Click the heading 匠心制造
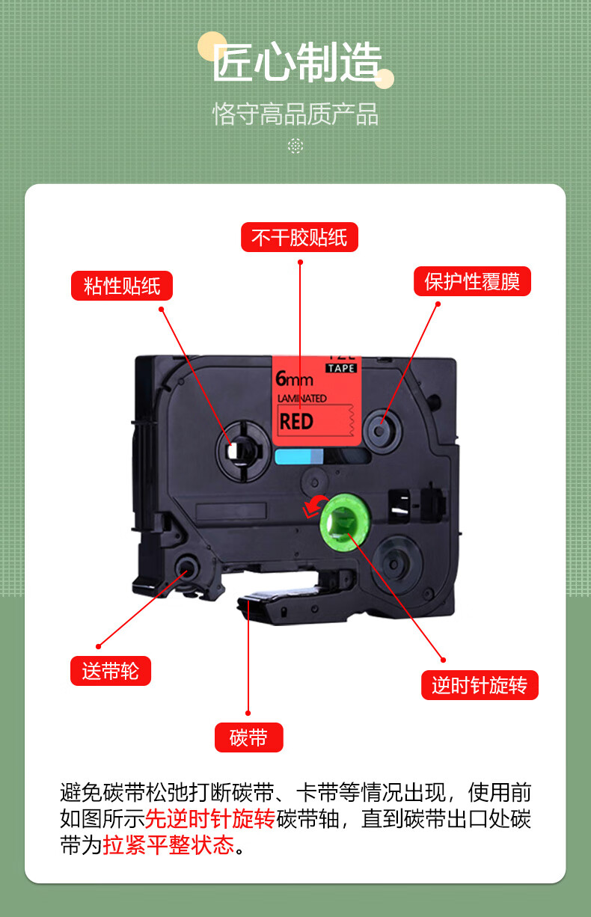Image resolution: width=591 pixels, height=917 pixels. point(297,63)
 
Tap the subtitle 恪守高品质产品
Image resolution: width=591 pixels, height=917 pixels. point(295,114)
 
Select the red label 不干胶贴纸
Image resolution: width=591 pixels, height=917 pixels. point(299,237)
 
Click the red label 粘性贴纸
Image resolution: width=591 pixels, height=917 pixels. point(122,286)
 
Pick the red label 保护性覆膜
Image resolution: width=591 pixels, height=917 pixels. point(472,281)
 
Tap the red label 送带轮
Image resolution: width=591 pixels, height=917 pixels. point(111,671)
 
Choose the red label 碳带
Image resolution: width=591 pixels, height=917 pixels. point(248,737)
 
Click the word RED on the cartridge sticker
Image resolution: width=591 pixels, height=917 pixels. point(296,421)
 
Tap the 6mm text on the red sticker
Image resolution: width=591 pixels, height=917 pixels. point(294,378)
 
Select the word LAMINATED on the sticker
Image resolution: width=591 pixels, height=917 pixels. point(301,399)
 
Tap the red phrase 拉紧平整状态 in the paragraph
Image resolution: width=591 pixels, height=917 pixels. point(168,845)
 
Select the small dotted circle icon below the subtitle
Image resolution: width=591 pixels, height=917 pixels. point(295,146)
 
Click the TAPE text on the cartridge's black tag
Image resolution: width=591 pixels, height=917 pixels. point(342,367)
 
